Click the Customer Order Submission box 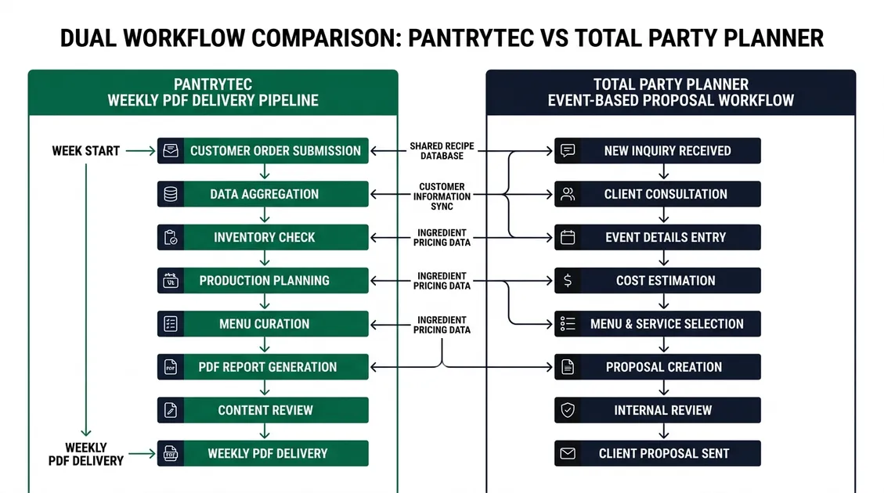tap(263, 151)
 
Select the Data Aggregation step tap(263, 194)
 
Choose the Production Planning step tap(263, 281)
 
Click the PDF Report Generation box tap(263, 367)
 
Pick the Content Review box tap(263, 410)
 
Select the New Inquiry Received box tap(658, 151)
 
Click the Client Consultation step tap(658, 194)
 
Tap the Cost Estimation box tap(658, 281)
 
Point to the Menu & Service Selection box tap(658, 324)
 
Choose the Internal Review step tap(658, 410)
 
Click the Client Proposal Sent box tap(658, 453)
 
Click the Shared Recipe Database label tap(442, 151)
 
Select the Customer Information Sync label tap(442, 196)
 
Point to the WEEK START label tap(86, 151)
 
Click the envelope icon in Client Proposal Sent tap(568, 453)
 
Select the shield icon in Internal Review tap(568, 410)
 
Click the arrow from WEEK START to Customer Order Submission tap(140, 151)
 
